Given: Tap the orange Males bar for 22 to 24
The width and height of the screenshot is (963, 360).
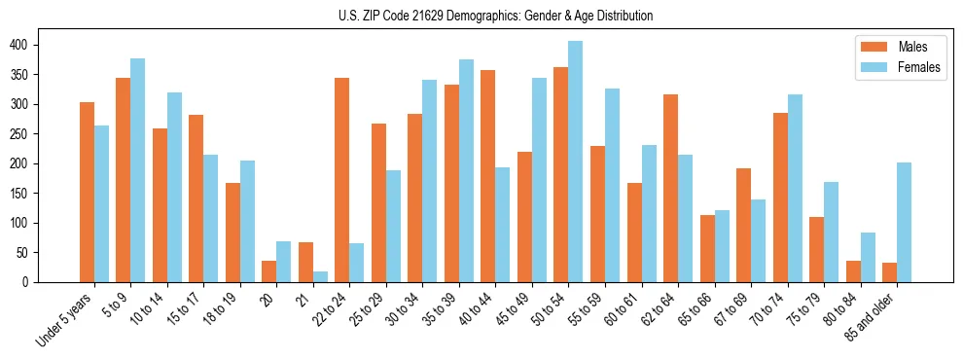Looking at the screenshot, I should pos(342,180).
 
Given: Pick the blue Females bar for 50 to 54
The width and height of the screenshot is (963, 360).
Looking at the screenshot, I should pos(576,162).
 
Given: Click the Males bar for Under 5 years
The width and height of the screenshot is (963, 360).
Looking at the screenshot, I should pos(87,192).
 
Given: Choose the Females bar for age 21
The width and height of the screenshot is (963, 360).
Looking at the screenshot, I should pos(321,276).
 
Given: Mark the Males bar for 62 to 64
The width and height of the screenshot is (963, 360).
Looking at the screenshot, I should pos(671,188).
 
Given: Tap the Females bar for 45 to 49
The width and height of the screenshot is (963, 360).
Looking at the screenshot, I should pos(540,180).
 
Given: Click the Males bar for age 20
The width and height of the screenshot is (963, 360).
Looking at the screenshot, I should pos(269,271).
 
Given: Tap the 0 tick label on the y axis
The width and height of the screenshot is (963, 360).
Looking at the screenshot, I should pos(56,282).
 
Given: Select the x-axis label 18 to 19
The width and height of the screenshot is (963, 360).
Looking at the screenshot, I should pos(221,306).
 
